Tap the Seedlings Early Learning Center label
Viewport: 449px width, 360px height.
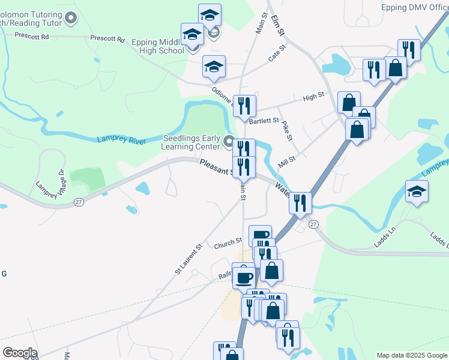[x=191, y=142]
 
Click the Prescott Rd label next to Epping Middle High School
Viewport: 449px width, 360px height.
[x=107, y=38]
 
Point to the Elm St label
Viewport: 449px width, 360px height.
[x=277, y=21]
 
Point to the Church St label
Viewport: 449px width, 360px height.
[x=228, y=244]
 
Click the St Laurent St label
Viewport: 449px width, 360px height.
[x=190, y=259]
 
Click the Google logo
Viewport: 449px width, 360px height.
[x=19, y=353]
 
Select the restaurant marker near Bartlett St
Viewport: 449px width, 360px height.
[x=244, y=106]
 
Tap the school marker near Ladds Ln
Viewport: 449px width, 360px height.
[x=416, y=192]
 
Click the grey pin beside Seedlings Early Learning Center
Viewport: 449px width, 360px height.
[x=229, y=142]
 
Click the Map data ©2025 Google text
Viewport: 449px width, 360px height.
[x=411, y=355]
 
